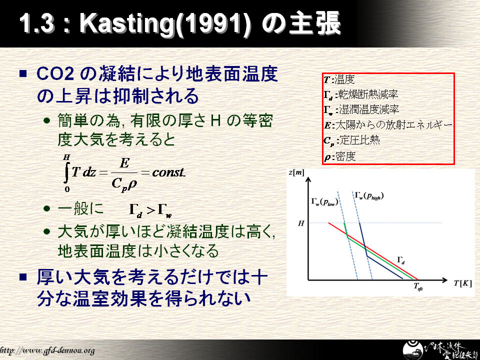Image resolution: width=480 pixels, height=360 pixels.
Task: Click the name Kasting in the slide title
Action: tap(126, 23)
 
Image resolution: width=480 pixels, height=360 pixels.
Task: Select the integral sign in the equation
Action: tap(66, 173)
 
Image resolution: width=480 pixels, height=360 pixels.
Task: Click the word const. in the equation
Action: tap(168, 172)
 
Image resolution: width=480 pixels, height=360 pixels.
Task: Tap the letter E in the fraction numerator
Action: tap(124, 163)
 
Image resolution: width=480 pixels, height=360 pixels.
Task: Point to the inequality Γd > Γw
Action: tap(150, 210)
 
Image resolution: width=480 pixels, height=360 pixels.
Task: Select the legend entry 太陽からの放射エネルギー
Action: tap(388, 125)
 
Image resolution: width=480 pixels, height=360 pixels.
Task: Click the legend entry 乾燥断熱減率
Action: tap(361, 94)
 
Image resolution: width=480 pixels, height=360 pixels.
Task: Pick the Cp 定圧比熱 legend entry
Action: tap(351, 140)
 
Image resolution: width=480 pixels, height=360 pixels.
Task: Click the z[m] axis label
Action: tap(296, 172)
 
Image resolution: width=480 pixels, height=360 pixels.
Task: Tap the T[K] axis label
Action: tap(462, 283)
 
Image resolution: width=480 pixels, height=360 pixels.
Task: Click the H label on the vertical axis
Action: tap(301, 223)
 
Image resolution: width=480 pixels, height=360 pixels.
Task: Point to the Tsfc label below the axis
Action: tap(418, 286)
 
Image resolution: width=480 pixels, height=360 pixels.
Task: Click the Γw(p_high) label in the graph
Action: tap(369, 195)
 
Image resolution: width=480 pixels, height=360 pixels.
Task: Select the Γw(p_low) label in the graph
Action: tap(324, 201)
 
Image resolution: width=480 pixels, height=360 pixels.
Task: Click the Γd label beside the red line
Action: tap(401, 260)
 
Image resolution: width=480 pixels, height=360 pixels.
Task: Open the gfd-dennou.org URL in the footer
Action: tap(47, 350)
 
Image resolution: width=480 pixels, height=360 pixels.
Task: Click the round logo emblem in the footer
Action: tap(413, 350)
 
